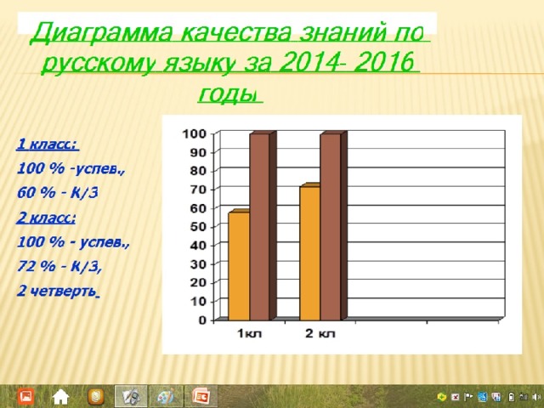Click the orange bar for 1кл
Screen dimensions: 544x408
tap(239, 265)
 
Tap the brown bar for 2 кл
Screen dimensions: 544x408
tap(333, 226)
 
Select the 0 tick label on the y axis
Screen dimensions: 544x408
tap(202, 320)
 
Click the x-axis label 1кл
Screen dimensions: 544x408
tap(249, 334)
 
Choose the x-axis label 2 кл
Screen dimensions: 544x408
tap(320, 334)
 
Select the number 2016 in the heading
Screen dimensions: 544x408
tap(384, 62)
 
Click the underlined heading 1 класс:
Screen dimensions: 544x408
tap(48, 144)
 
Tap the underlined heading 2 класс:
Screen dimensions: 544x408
tap(46, 218)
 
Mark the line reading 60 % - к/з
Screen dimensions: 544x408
tap(58, 193)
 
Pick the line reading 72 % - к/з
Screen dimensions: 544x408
tap(59, 266)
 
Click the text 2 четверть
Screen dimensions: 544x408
tap(58, 292)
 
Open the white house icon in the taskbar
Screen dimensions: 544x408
tap(60, 397)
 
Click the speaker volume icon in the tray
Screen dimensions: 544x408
tap(537, 397)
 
